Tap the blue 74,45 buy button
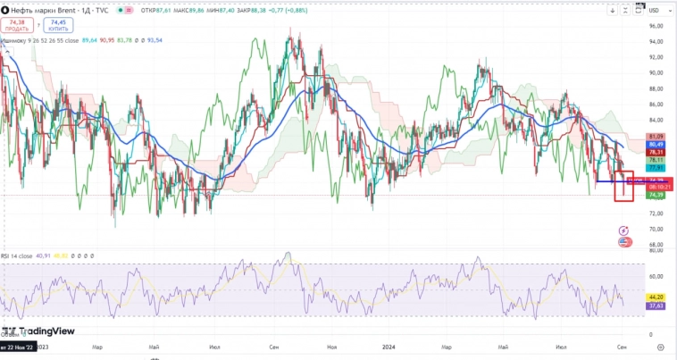click(58, 26)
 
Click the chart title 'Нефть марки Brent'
click(41, 10)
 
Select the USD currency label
click(654, 10)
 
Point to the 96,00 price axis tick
click(655, 26)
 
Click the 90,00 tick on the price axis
click(655, 73)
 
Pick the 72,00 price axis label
click(655, 213)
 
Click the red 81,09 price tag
click(656, 136)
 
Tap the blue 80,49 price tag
click(656, 144)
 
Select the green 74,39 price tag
click(656, 195)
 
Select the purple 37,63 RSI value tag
click(656, 305)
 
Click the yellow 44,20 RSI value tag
click(656, 297)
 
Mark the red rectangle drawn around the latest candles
click(623, 186)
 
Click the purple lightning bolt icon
click(623, 230)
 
